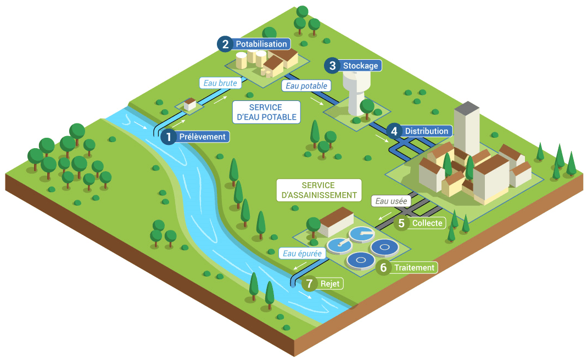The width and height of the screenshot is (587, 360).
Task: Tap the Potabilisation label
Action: coord(261,44)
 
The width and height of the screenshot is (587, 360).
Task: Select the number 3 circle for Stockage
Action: coord(332,66)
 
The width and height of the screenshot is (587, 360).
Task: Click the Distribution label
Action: coord(426,131)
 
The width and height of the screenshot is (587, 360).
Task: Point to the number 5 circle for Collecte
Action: coord(401,223)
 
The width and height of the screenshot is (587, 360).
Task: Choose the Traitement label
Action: coord(414,268)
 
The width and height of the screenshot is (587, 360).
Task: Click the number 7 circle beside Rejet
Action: coord(310,284)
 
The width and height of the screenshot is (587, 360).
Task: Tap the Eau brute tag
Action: coord(220,83)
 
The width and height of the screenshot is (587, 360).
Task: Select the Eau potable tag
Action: coord(306,86)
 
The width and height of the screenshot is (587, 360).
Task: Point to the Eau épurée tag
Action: coord(302,253)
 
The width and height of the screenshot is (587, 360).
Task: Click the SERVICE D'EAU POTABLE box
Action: coord(265,112)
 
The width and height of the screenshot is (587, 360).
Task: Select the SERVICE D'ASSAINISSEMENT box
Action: coord(318,190)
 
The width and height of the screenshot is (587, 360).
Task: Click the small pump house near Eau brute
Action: coord(190,104)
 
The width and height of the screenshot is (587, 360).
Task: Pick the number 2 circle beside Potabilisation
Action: coord(224,44)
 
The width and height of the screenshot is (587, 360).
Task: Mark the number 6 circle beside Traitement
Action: coord(383,268)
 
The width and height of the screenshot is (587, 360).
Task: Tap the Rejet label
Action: coord(331,284)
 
